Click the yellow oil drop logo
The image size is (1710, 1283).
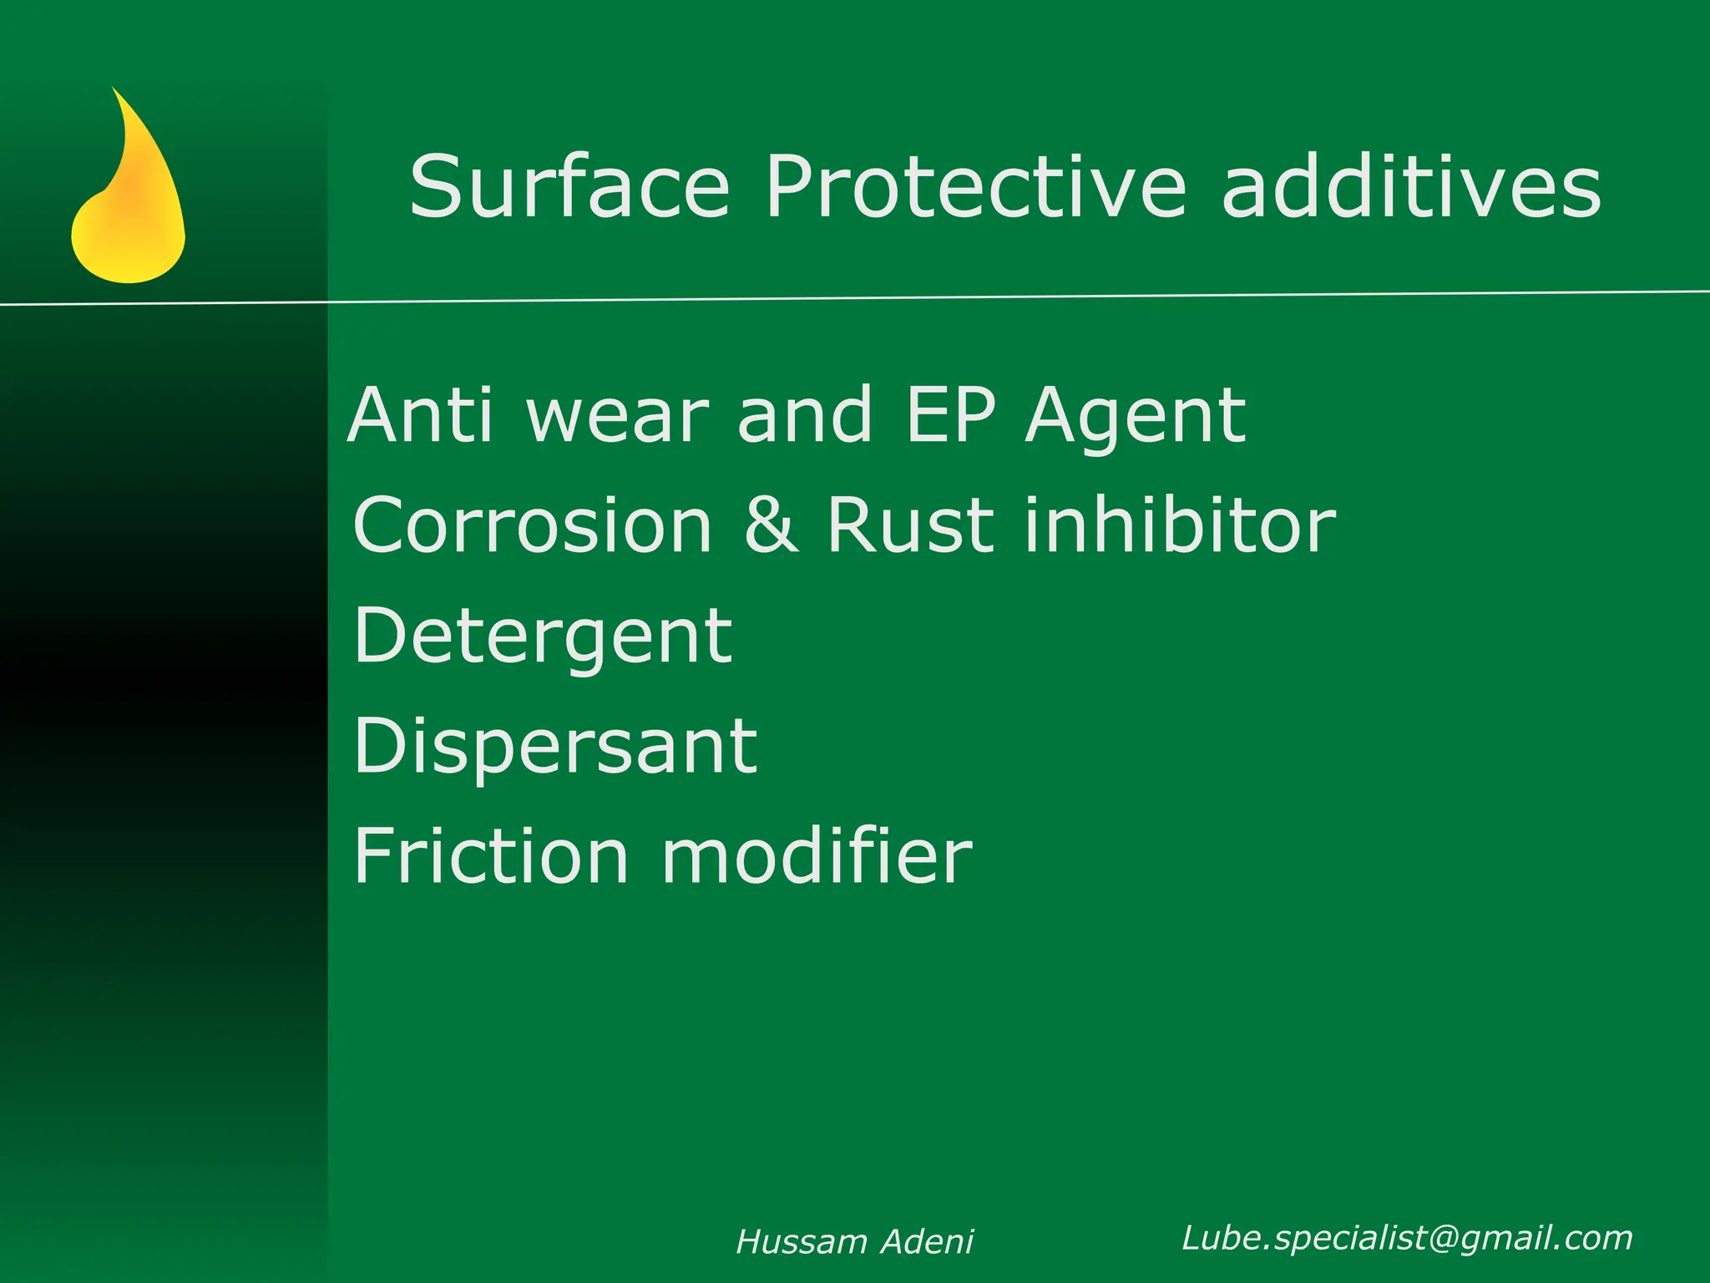(x=129, y=209)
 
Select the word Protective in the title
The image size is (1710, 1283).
(x=975, y=187)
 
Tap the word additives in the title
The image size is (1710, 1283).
(x=1411, y=187)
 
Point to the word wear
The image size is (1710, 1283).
(x=618, y=417)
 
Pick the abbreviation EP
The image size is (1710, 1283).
(x=951, y=415)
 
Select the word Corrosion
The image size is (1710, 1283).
(x=533, y=525)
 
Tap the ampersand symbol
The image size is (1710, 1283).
(x=770, y=525)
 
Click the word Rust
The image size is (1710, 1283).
(x=910, y=525)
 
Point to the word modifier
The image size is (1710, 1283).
(x=817, y=856)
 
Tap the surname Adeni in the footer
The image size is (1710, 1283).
(x=928, y=1242)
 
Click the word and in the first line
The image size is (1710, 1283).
(x=805, y=415)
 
